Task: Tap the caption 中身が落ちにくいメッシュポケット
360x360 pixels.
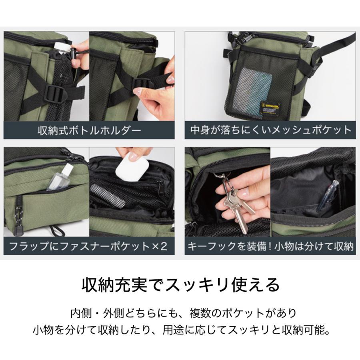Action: pyautogui.click(x=270, y=130)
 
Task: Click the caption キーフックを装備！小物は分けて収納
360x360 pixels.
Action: pyautogui.click(x=270, y=245)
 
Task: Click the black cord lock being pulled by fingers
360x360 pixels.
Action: pyautogui.click(x=74, y=56)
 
